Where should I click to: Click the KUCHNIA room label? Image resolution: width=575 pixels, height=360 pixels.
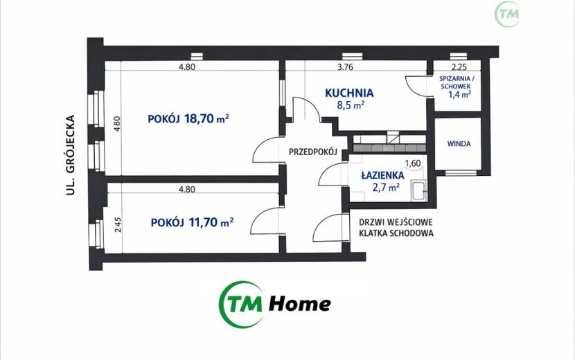click(349, 93)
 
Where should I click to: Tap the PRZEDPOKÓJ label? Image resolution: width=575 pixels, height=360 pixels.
click(313, 152)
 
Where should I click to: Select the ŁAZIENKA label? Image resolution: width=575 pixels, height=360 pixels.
click(382, 176)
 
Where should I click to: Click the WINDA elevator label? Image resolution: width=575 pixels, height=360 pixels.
click(459, 144)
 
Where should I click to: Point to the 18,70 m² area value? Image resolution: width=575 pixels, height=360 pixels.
click(207, 118)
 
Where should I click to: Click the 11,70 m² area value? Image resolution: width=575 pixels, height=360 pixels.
click(211, 222)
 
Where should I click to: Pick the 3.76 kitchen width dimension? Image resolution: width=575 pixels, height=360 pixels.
click(345, 67)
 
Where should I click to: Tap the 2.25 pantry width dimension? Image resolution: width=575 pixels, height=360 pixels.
click(459, 67)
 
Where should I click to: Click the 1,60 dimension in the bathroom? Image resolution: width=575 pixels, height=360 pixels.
click(413, 163)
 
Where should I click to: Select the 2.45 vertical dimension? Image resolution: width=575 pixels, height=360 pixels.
click(117, 225)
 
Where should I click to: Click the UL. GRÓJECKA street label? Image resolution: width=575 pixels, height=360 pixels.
click(71, 155)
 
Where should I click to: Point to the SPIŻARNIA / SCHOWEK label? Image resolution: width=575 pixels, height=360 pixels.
click(456, 82)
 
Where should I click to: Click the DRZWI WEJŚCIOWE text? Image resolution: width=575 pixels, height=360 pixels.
click(396, 222)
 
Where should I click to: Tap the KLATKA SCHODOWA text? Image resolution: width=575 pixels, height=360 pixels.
click(396, 233)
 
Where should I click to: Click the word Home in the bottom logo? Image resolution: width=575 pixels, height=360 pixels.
click(300, 303)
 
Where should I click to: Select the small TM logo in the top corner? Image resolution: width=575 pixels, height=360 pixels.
click(507, 14)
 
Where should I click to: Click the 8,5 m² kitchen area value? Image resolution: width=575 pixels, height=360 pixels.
click(351, 106)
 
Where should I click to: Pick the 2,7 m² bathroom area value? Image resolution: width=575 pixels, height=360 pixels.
click(386, 188)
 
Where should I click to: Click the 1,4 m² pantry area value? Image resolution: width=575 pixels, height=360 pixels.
click(459, 95)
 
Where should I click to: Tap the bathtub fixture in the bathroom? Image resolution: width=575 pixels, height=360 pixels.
click(419, 190)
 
